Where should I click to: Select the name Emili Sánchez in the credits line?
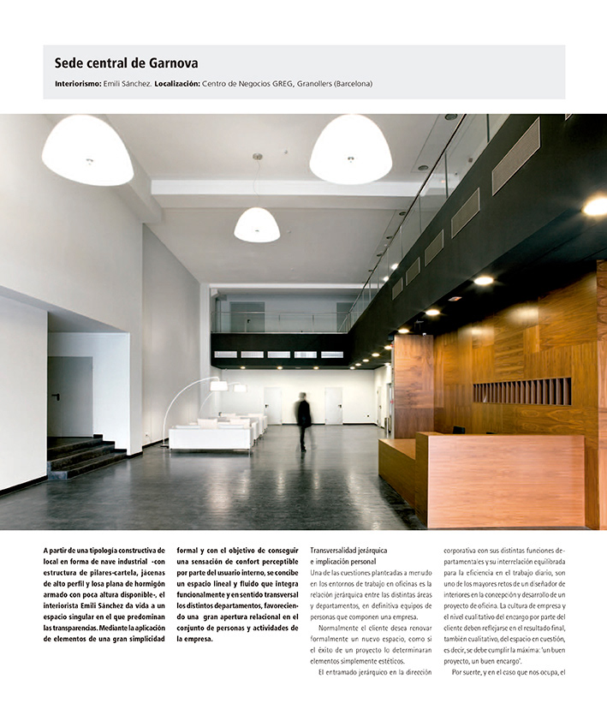[x=128, y=84]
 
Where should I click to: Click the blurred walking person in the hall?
[x=303, y=420]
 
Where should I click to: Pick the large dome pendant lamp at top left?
[x=87, y=152]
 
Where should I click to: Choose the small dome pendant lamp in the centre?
[x=257, y=225]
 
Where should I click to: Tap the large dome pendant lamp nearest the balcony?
[x=350, y=151]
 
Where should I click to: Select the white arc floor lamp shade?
[x=219, y=386]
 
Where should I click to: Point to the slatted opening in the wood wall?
[x=521, y=391]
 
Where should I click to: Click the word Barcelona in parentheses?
[x=348, y=84]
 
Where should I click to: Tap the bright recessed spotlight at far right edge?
[x=595, y=206]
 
